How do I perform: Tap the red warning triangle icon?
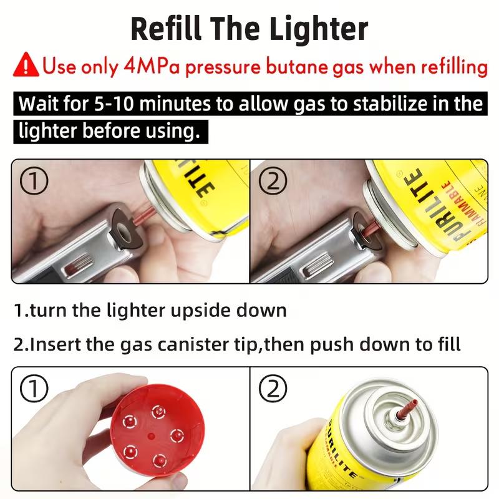(x=29, y=65)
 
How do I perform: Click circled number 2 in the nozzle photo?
(x=271, y=389)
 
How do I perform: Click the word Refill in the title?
(x=168, y=29)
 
